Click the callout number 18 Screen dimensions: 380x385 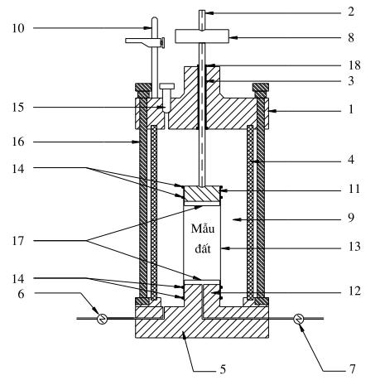[354, 65]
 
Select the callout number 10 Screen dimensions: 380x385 [18, 28]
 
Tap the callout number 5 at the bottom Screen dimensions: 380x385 [223, 369]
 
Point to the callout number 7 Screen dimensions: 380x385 [352, 369]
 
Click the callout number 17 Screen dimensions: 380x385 [18, 241]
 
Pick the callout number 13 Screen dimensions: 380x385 [354, 247]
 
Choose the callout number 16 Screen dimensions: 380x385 [18, 142]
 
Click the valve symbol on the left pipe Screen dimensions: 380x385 [102, 319]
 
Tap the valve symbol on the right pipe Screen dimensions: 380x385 [299, 319]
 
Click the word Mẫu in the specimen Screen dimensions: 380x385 [203, 229]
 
